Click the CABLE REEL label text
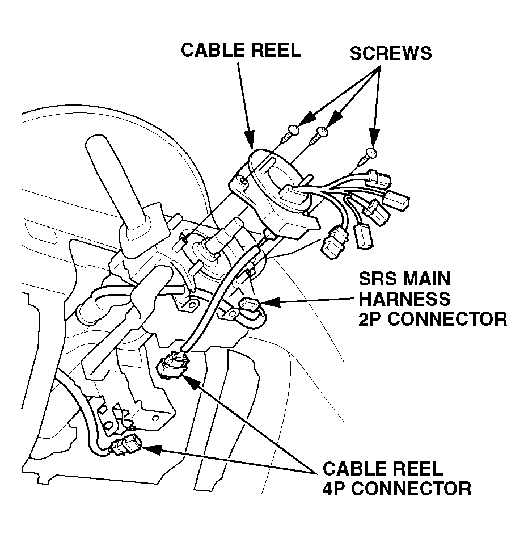click(x=241, y=50)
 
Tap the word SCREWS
click(x=390, y=53)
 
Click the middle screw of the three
click(x=322, y=134)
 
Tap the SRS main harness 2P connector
click(x=250, y=307)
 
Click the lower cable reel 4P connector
click(x=125, y=445)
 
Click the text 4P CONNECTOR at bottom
click(x=396, y=488)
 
